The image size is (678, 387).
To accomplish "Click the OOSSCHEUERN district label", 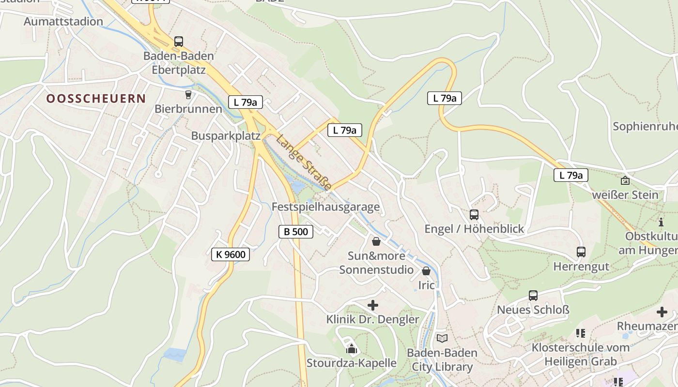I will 96,99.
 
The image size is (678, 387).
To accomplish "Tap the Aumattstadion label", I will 63,22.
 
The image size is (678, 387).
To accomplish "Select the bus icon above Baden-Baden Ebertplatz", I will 179,42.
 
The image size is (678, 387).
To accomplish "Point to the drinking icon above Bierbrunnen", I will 188,94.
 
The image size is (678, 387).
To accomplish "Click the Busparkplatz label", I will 226,136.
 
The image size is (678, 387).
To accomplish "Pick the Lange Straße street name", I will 304,163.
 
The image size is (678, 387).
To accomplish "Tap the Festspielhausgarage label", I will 325,207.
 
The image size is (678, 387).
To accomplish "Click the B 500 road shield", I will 296,232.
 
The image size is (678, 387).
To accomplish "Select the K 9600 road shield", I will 231,254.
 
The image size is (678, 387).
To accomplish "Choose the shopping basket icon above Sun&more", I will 376,241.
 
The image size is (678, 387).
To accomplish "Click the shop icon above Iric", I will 426,271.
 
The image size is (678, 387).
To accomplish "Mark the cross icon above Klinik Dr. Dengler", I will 373,305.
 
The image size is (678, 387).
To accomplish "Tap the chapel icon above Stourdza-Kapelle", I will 352,348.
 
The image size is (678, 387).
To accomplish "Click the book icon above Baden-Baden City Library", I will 442,338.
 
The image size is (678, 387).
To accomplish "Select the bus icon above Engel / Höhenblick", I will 474,214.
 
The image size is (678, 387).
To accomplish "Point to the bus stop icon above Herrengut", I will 581,252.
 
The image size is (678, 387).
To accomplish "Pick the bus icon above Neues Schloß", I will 533,295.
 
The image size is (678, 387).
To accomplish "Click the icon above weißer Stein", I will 625,180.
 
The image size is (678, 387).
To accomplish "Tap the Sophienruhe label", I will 645,127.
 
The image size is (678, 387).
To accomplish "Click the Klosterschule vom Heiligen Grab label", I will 581,354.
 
